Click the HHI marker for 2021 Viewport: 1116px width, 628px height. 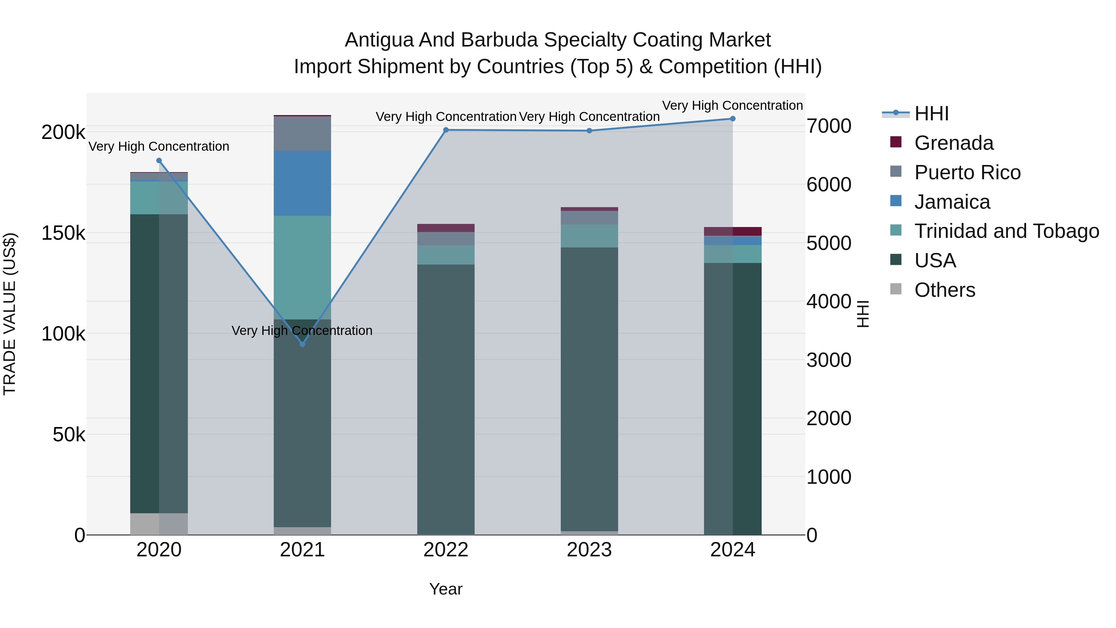point(302,344)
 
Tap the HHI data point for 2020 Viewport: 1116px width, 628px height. point(159,161)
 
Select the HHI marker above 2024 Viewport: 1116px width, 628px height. point(733,119)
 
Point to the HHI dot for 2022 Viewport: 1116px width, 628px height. point(446,130)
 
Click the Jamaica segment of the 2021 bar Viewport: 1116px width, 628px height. point(302,183)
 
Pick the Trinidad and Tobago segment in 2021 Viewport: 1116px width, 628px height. point(302,267)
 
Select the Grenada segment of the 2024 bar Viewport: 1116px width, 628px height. point(733,231)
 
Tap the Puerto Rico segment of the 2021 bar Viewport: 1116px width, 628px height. point(302,133)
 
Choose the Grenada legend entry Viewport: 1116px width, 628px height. point(954,143)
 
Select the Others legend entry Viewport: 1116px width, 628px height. point(945,290)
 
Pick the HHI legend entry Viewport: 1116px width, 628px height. point(932,114)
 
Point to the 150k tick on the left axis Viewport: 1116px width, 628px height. point(63,233)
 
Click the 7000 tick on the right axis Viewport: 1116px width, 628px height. point(829,126)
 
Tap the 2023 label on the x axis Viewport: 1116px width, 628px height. point(589,550)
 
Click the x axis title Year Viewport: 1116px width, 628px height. point(446,589)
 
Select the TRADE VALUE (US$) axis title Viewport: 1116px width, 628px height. point(10,314)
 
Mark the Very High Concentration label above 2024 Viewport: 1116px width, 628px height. point(732,105)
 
